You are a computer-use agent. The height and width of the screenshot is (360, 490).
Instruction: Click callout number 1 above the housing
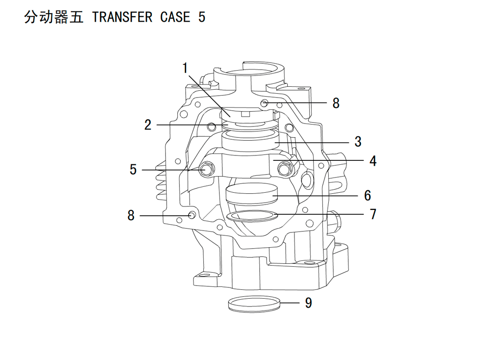185,68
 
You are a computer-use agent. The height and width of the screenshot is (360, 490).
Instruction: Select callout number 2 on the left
148,125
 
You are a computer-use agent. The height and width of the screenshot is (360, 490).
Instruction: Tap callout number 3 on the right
358,142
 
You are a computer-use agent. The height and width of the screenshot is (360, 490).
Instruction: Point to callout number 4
373,161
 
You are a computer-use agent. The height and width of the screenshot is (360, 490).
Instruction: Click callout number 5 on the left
133,170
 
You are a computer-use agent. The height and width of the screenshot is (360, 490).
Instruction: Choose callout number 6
367,196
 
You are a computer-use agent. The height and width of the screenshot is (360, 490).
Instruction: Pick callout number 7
373,214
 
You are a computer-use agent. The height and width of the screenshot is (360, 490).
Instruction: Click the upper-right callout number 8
336,103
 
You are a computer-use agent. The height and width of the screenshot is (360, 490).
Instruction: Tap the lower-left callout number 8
131,215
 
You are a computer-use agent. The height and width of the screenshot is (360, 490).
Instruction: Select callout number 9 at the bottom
308,303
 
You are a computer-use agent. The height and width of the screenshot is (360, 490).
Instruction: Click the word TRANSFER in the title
122,17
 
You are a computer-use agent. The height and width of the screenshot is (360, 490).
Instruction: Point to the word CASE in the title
175,17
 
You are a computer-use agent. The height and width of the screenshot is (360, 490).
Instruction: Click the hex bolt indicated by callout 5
206,169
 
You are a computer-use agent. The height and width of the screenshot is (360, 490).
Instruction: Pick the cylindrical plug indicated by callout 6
252,194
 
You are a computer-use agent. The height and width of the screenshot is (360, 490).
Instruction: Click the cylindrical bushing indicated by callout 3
250,141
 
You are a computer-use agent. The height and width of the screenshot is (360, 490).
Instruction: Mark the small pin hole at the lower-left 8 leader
192,215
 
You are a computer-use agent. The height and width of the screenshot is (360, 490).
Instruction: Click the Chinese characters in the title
54,17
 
